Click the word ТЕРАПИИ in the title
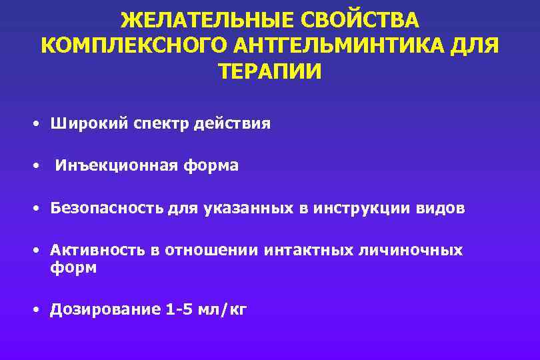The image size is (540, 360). point(270,71)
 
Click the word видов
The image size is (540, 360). point(441,209)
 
